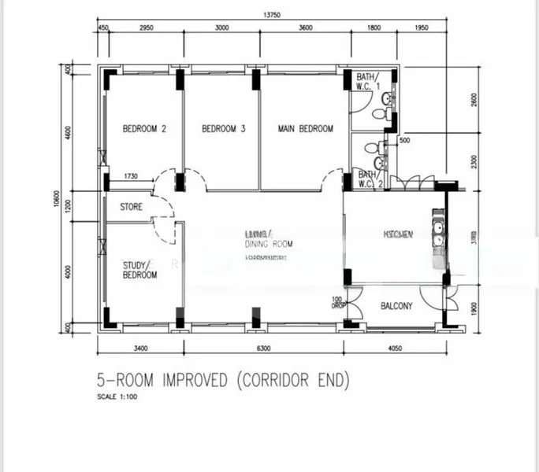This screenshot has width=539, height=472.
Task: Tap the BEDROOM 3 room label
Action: pyautogui.click(x=224, y=129)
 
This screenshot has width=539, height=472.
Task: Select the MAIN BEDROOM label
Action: pyautogui.click(x=306, y=129)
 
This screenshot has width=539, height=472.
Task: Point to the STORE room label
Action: pyautogui.click(x=131, y=208)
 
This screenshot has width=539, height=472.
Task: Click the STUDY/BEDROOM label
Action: pyautogui.click(x=139, y=270)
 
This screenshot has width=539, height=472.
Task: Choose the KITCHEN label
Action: pyautogui.click(x=397, y=234)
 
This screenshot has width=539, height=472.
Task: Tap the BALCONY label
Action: pyautogui.click(x=396, y=306)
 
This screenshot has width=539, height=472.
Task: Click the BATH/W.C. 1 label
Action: pyautogui.click(x=368, y=81)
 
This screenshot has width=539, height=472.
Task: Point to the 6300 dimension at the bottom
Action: pyautogui.click(x=263, y=347)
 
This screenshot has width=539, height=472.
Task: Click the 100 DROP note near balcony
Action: pyautogui.click(x=336, y=303)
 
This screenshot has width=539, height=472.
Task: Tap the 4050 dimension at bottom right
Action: pyautogui.click(x=394, y=347)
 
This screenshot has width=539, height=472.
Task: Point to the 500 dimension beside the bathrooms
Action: pyautogui.click(x=404, y=142)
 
